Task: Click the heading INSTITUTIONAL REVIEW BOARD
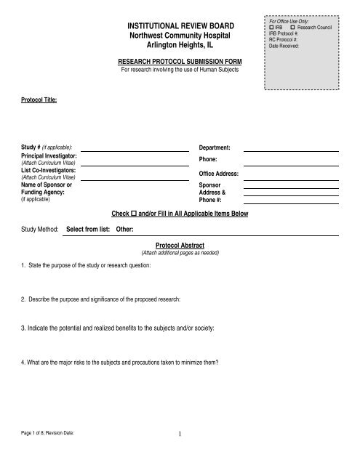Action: tap(178, 26)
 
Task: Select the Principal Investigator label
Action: tap(49, 156)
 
